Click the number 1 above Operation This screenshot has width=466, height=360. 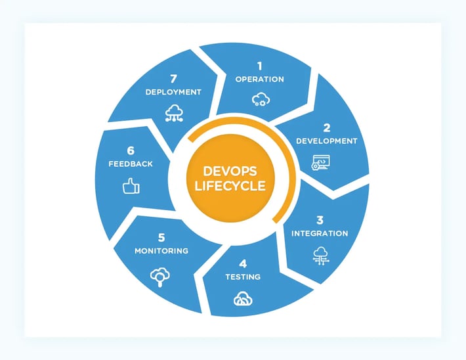point(260,66)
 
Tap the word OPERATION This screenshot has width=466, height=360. point(260,79)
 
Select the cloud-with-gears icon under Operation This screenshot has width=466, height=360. point(261,99)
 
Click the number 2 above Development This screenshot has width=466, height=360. point(327,128)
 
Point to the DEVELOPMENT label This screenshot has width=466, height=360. point(327,141)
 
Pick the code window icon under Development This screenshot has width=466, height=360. point(321,162)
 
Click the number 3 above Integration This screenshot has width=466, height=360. point(320,221)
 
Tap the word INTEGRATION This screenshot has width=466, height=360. point(320,234)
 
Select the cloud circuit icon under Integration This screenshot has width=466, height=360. point(321,256)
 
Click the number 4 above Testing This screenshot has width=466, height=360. point(243,264)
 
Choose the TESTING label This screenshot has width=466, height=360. point(243,277)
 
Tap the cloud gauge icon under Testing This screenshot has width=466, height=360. point(243,299)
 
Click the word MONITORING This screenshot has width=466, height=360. point(161,251)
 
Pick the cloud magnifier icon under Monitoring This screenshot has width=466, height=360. point(160,277)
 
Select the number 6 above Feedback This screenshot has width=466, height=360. point(131,151)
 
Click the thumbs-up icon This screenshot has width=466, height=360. point(131,186)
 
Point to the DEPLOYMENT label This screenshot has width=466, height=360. point(173,92)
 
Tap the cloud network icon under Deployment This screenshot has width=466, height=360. point(174,113)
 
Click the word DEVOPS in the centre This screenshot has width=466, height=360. point(230,171)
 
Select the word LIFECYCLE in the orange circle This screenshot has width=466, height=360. point(230,186)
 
